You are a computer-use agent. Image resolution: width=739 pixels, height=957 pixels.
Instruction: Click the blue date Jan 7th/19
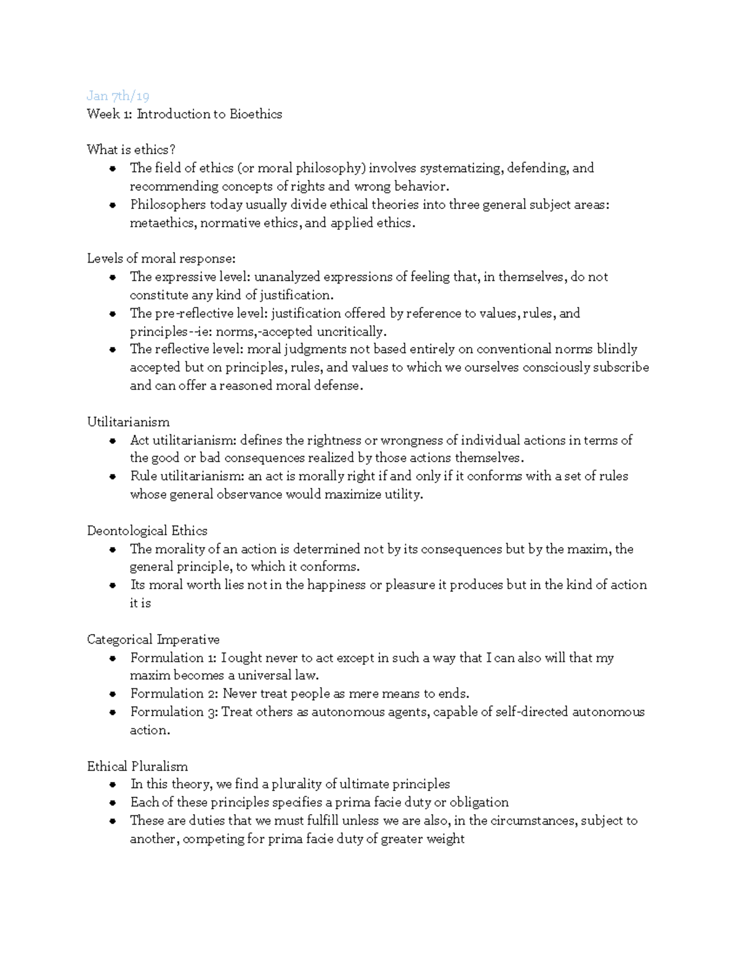[x=118, y=96]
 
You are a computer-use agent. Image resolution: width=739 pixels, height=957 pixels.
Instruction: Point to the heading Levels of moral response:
[x=161, y=259]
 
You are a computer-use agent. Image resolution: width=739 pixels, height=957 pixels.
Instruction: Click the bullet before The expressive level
[x=113, y=278]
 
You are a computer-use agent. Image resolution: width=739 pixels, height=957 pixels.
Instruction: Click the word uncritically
[x=352, y=332]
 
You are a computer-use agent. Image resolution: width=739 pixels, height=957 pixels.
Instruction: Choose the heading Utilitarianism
[x=128, y=422]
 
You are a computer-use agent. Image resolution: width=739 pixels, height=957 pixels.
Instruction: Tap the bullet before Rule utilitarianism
[x=113, y=477]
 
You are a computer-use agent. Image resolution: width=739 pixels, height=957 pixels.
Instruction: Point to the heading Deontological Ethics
[x=147, y=531]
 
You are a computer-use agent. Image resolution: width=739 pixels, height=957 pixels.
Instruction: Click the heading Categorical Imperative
[x=153, y=640]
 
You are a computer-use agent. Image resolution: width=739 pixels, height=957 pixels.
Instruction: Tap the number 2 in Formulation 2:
[x=211, y=694]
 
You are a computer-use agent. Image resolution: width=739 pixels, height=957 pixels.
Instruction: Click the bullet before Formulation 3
[x=113, y=713]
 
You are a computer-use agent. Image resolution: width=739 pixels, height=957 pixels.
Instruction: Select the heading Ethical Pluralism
[x=137, y=767]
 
